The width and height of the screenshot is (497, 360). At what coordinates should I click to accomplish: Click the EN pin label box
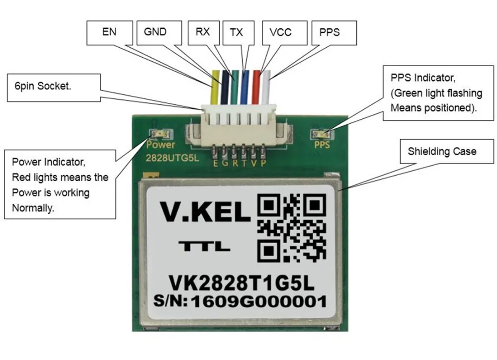tap(109, 32)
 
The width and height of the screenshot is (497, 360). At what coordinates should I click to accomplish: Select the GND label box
tap(155, 32)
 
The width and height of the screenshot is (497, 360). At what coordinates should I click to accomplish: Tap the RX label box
tap(202, 32)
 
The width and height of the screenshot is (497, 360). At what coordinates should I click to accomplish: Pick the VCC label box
tap(280, 32)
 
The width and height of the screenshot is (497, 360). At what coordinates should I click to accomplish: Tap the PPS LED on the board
tap(322, 134)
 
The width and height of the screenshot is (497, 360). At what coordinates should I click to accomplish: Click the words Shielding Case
tap(442, 151)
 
